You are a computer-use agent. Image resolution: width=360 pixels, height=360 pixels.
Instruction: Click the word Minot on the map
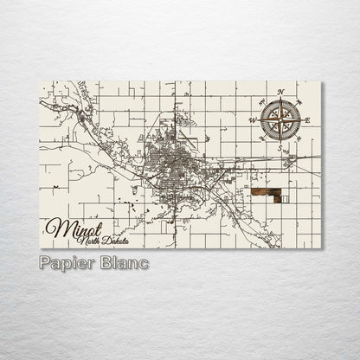tap(68, 227)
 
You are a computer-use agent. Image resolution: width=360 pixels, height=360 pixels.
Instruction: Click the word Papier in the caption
tap(65, 262)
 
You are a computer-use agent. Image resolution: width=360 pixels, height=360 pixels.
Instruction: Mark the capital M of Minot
tap(54, 227)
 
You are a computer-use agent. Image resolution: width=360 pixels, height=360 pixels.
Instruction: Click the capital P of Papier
tap(45, 262)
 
